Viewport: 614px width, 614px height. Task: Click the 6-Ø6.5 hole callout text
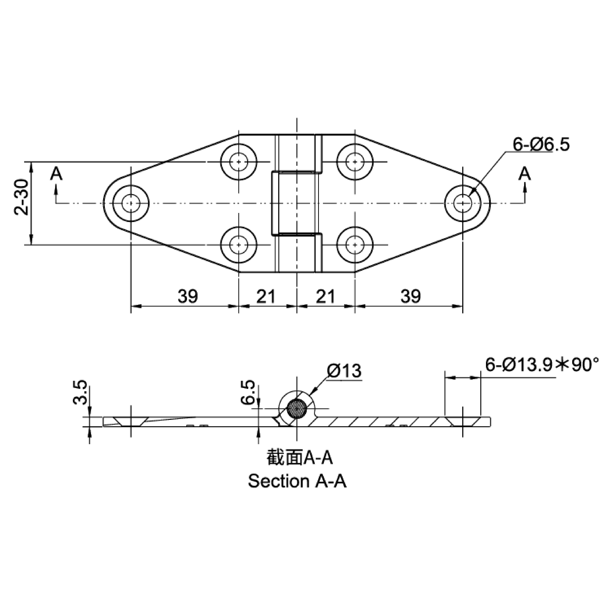click(541, 145)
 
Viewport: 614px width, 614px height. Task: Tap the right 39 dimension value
click(411, 296)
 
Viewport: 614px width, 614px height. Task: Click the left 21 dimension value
click(266, 296)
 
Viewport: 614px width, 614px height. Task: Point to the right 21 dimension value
click(326, 296)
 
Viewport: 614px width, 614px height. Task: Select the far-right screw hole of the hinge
click(463, 203)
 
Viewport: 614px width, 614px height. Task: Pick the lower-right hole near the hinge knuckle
click(355, 245)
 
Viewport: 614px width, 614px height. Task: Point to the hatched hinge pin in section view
click(297, 409)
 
